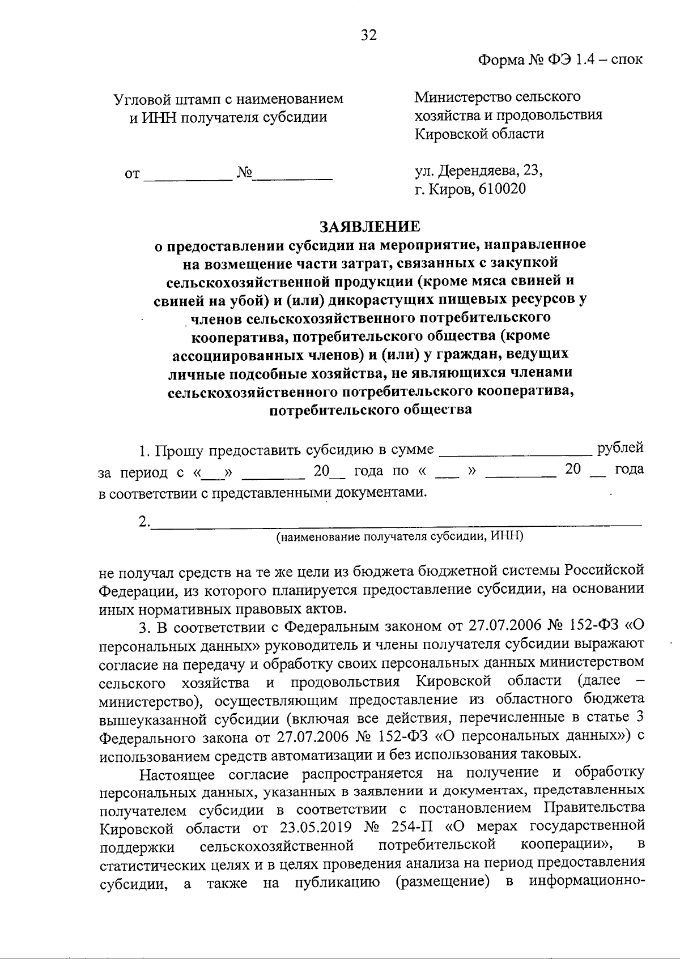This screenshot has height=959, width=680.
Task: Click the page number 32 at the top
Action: pyautogui.click(x=368, y=36)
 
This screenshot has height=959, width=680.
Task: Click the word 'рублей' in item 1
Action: pyautogui.click(x=620, y=447)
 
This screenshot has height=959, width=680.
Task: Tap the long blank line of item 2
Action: pyautogui.click(x=397, y=523)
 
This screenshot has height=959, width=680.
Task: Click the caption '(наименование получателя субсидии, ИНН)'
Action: pyautogui.click(x=399, y=536)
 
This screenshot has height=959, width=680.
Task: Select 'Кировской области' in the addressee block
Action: pyautogui.click(x=479, y=134)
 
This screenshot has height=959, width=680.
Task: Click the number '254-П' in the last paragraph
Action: pyautogui.click(x=404, y=826)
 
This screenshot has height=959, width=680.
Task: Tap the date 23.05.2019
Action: pyautogui.click(x=314, y=826)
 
